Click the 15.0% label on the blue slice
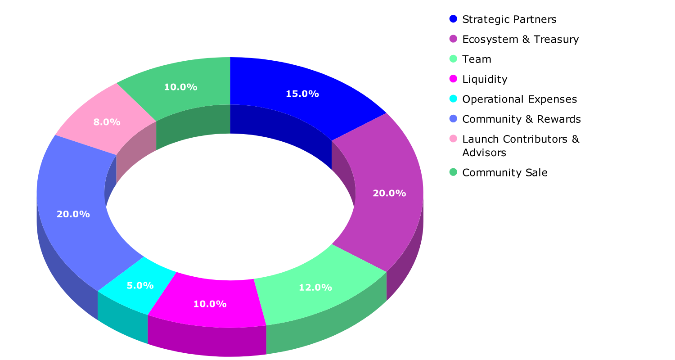[x=302, y=94]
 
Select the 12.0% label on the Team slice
[x=315, y=288]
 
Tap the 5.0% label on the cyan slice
[x=140, y=286]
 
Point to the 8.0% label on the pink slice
[x=107, y=122]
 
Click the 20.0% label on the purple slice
[x=389, y=193]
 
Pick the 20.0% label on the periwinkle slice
[x=73, y=214]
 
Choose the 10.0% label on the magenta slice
[x=210, y=304]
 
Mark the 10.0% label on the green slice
[x=180, y=87]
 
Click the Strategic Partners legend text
[x=509, y=19]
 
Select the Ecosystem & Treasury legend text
[x=520, y=39]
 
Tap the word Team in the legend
[x=477, y=59]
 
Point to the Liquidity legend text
[x=485, y=79]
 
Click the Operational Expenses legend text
[x=519, y=99]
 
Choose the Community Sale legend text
[x=504, y=173]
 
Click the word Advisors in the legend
[x=484, y=153]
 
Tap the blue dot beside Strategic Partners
[x=453, y=19]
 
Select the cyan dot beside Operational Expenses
[x=453, y=99]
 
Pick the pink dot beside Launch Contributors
[x=453, y=139]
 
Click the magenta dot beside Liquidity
[x=453, y=79]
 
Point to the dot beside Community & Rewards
[x=453, y=119]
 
